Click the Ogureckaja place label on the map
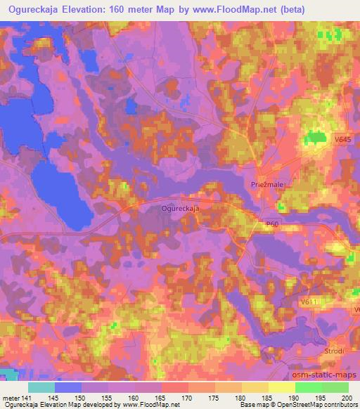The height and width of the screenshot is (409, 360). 181,209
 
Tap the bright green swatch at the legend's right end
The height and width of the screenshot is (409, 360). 335,387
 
